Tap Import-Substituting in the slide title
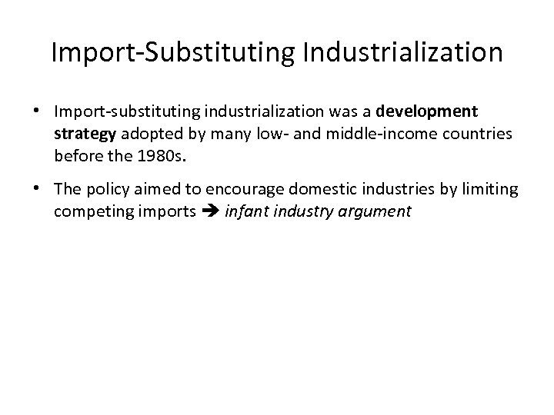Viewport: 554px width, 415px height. click(169, 53)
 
